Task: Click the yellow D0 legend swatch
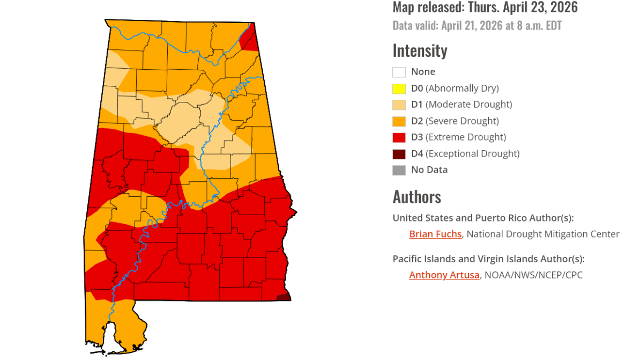point(399,89)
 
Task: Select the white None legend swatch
point(399,72)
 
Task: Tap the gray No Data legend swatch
point(399,170)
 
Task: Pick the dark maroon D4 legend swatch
point(399,154)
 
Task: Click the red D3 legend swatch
point(399,138)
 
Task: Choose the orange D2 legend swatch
point(399,121)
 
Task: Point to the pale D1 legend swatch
point(399,105)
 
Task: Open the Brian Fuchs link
point(435,234)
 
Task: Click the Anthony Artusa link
point(444,275)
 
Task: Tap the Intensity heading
point(419,50)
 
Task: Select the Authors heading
point(416,197)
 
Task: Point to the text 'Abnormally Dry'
point(462,88)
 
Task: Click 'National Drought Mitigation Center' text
point(543,234)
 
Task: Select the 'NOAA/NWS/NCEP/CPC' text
point(533,275)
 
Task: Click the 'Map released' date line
point(485,7)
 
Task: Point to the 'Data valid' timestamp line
point(477,25)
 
